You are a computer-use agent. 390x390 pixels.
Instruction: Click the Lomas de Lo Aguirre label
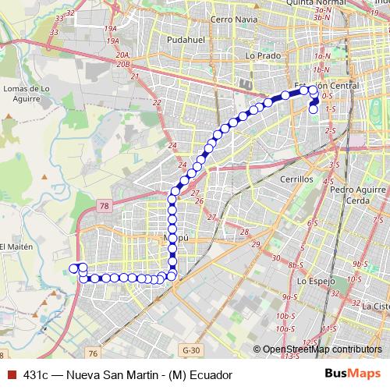coord(27,94)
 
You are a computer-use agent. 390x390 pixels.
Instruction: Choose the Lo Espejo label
coord(316,280)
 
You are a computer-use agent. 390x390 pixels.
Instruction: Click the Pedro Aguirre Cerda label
coord(359,194)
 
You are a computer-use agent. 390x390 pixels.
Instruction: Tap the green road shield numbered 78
coord(105,206)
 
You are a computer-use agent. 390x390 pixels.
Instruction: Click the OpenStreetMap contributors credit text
coord(322,350)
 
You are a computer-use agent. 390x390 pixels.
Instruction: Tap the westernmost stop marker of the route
coord(73,268)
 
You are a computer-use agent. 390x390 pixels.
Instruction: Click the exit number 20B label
coord(123,65)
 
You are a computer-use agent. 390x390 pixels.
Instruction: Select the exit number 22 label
coord(157,103)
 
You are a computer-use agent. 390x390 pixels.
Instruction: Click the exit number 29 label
coord(255,246)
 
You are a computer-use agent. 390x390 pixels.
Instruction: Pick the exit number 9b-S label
coord(360,265)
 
